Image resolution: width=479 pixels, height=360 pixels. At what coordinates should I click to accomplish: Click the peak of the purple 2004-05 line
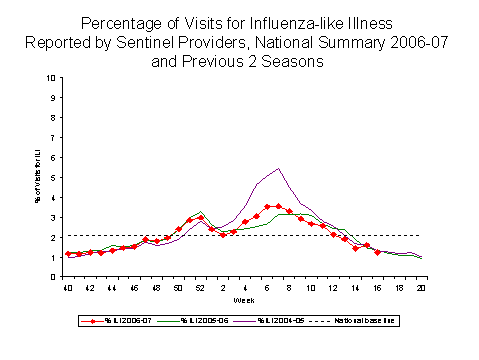[x=277, y=168]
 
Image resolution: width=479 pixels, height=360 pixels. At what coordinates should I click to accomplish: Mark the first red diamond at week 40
[x=67, y=254]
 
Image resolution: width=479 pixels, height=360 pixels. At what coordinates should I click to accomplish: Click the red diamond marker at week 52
[x=200, y=217]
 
